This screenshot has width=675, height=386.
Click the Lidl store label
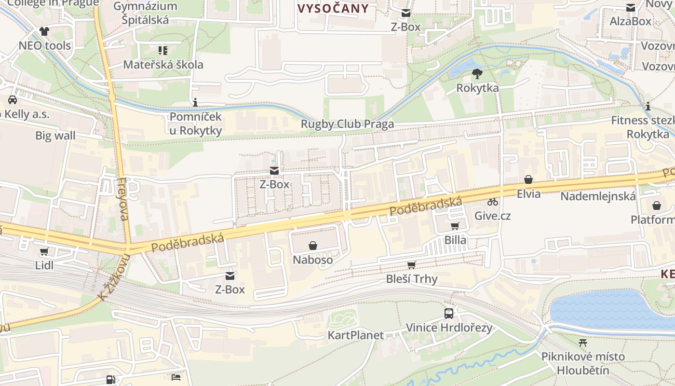pos(44,265)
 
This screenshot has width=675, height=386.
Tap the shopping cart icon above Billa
pos(455,226)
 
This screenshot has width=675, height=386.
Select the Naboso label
pos(313,260)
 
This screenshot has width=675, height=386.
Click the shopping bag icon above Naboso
pos(313,246)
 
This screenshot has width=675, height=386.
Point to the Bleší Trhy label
pos(412,279)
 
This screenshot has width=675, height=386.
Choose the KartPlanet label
pos(356,335)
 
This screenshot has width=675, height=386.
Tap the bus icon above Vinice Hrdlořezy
pos(449,314)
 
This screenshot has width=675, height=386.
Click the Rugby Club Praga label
pos(347,124)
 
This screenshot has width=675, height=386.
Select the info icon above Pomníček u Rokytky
pos(195,102)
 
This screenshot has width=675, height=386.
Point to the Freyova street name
pos(123,199)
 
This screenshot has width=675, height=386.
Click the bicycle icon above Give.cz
pos(492,202)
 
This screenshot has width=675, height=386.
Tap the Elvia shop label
pos(528,194)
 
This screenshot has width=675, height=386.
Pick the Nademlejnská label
pos(598,196)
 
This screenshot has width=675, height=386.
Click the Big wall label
pos(55,136)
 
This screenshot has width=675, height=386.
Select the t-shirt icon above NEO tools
pos(44,31)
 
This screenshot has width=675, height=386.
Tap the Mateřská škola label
pos(163,65)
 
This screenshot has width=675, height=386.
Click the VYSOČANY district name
pos(333,8)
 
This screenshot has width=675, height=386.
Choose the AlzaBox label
pos(630,21)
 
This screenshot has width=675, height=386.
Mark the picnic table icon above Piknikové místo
pos(583,343)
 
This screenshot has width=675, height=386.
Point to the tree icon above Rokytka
pos(477,74)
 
